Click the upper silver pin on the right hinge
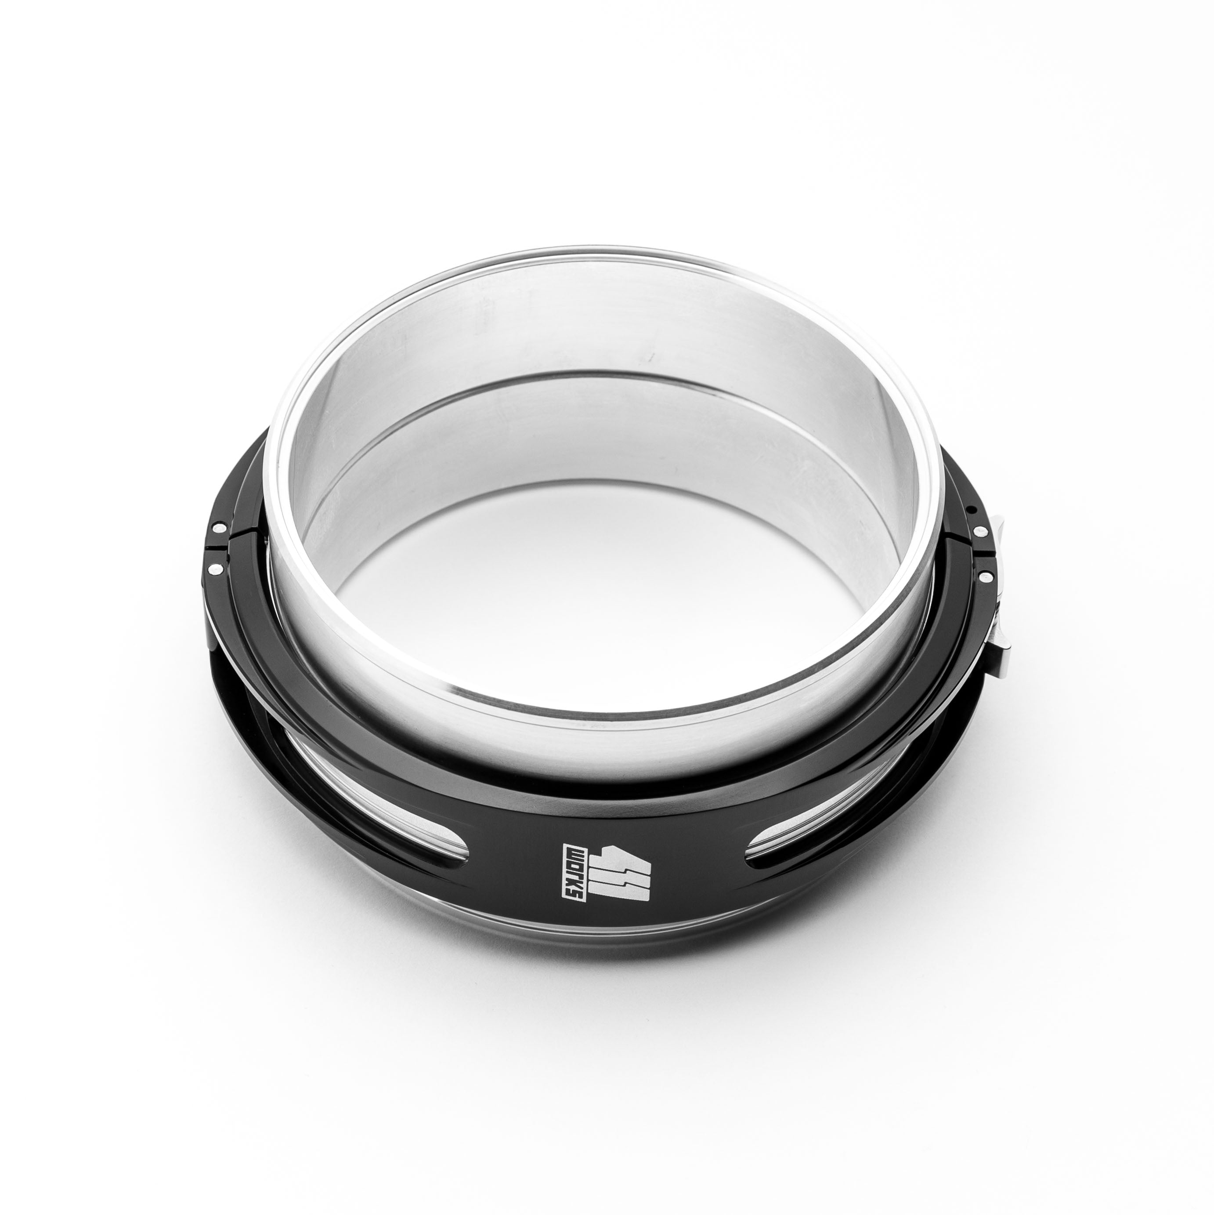979,533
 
